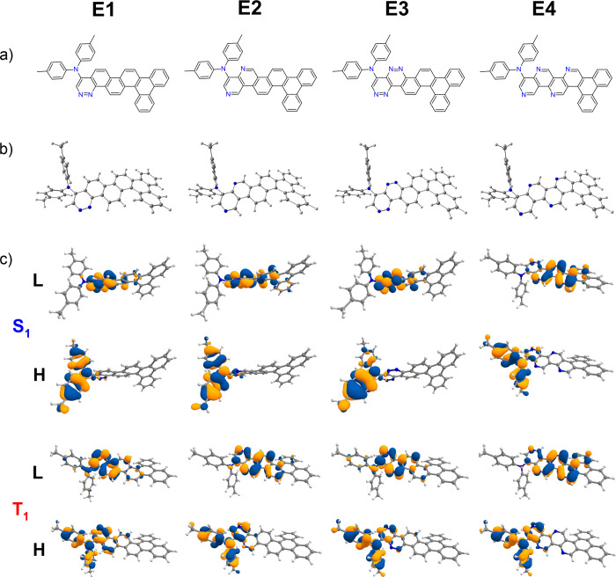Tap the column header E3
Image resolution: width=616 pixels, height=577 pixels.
(x=394, y=15)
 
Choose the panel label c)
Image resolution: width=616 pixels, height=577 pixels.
(x=10, y=260)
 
